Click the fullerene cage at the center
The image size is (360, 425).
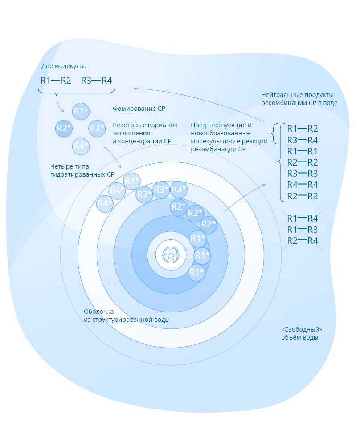tap(171, 255)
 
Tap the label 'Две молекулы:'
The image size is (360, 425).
tap(64, 66)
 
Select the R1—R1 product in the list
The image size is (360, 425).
tap(302, 151)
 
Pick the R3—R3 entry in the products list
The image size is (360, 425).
tap(302, 174)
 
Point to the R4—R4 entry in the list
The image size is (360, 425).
tap(302, 185)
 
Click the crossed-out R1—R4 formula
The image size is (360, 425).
tap(302, 218)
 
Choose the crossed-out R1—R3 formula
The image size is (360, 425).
tap(302, 230)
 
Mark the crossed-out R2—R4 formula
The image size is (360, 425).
tap(302, 241)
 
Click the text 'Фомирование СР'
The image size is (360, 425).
tap(139, 109)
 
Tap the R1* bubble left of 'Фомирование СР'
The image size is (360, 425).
tap(81, 111)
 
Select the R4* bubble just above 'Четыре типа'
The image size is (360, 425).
tap(81, 146)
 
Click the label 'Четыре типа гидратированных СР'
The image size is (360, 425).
tap(82, 170)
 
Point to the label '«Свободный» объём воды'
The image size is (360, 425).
tap(301, 333)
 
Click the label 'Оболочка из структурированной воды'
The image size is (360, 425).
tap(127, 316)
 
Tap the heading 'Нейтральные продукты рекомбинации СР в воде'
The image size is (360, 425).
tap(299, 99)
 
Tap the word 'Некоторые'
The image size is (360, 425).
tap(128, 125)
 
